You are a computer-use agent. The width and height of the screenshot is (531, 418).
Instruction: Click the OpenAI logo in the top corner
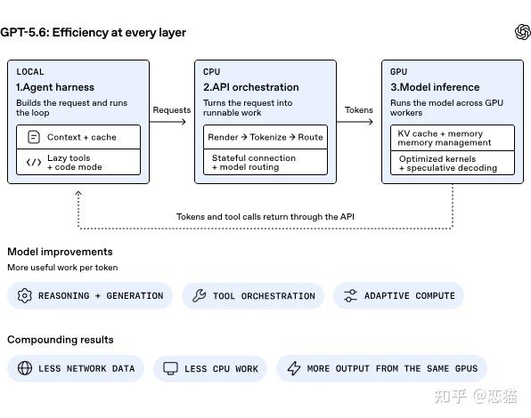[x=522, y=32]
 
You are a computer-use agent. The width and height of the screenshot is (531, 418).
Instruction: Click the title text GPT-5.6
[x=25, y=32]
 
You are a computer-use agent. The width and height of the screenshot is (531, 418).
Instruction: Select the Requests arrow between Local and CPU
[x=167, y=122]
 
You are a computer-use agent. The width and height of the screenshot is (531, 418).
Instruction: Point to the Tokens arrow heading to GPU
[x=355, y=122]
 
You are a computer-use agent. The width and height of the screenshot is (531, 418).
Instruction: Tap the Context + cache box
[x=78, y=137]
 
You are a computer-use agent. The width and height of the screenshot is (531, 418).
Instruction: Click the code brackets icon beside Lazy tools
[x=34, y=163]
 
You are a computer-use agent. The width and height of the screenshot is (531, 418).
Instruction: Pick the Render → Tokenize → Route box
[x=265, y=137]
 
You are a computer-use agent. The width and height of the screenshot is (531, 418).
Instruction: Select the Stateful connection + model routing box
[x=265, y=162]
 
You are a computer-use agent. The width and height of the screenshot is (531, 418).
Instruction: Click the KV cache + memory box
[x=453, y=138]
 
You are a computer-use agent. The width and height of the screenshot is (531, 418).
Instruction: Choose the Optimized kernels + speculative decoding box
[x=453, y=164]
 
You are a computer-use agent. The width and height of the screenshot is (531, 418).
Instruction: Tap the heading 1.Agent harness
[x=55, y=87]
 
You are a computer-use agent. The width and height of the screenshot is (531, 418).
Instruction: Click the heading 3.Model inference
[x=435, y=87]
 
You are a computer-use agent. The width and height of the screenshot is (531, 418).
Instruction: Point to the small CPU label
[x=212, y=72]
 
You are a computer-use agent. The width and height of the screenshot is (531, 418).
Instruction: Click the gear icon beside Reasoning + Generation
[x=25, y=295]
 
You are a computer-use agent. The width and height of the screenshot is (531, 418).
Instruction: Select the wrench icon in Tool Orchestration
[x=200, y=295]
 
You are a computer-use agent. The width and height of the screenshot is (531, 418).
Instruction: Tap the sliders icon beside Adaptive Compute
[x=350, y=295]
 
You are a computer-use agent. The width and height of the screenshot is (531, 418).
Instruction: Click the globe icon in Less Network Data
[x=25, y=368]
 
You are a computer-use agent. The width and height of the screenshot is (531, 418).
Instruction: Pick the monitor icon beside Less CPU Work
[x=170, y=368]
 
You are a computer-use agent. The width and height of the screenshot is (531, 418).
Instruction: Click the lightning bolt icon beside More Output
[x=294, y=368]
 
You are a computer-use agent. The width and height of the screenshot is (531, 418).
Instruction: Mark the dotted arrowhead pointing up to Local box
[x=78, y=193]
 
